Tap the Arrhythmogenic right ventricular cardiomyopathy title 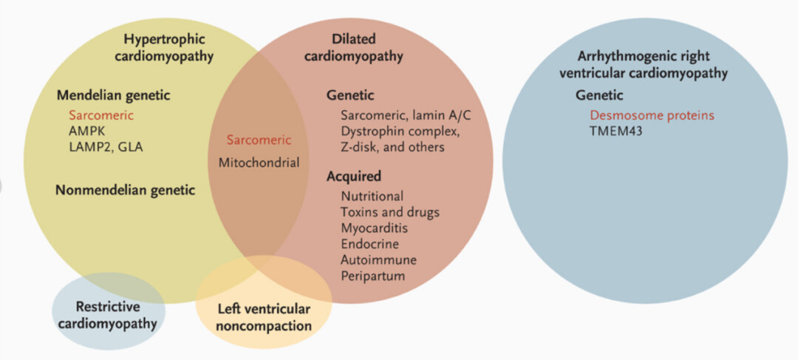tap(643, 65)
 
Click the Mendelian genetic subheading tap(113, 95)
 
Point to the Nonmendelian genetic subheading tap(125, 190)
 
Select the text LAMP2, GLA tap(106, 146)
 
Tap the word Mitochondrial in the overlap tap(259, 162)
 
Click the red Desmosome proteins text tap(652, 116)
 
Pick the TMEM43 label tap(616, 132)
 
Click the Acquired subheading tap(354, 177)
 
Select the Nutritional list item tap(372, 196)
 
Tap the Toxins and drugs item tap(390, 212)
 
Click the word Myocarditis tap(375, 228)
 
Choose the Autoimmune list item tap(379, 260)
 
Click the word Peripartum tap(373, 276)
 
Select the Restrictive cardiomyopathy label tap(108, 314)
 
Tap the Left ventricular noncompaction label tap(264, 317)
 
